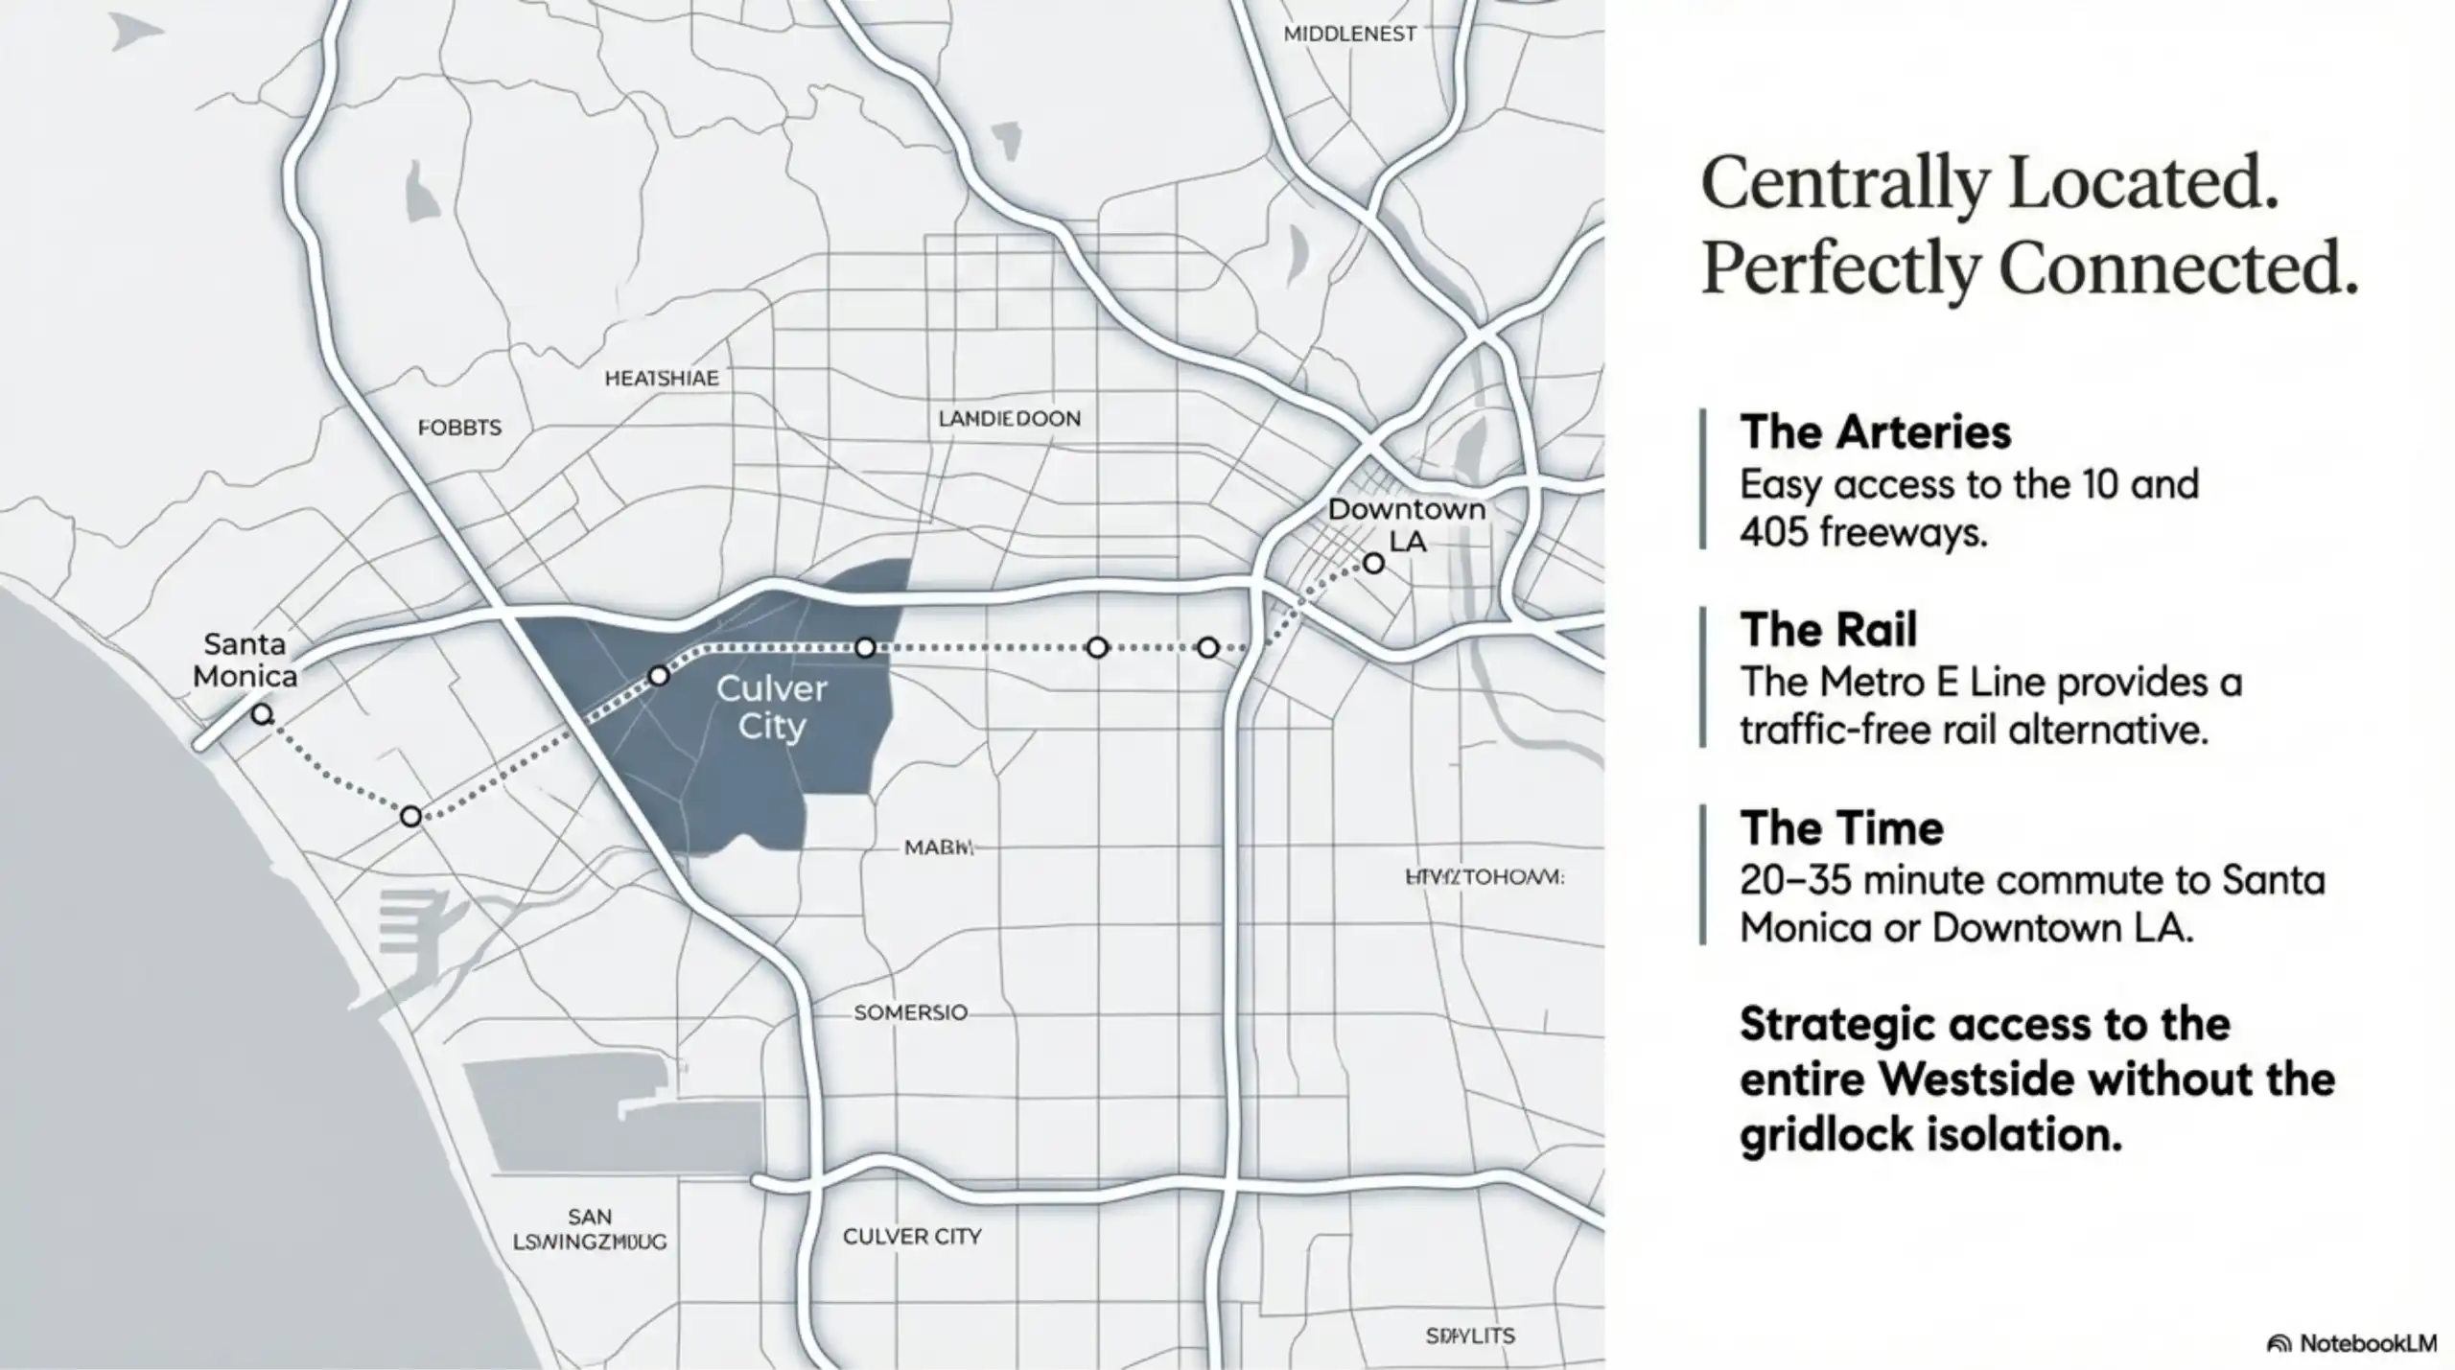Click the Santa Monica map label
pos(245,661)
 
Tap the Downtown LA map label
pos(1406,524)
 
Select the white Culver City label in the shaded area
pos(771,707)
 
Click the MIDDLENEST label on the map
pos(1349,34)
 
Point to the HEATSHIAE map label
pos(661,379)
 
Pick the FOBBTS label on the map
pos(459,428)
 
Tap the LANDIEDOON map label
pos(1009,419)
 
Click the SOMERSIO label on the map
pos(910,1012)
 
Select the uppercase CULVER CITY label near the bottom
pos(911,1237)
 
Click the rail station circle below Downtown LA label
pos(1373,564)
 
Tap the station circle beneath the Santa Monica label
pos(262,714)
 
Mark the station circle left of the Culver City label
pos(659,676)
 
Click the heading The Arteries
pos(1875,432)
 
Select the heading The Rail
pos(1828,630)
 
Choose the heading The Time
pos(1841,828)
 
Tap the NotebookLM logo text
pos(2367,1343)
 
